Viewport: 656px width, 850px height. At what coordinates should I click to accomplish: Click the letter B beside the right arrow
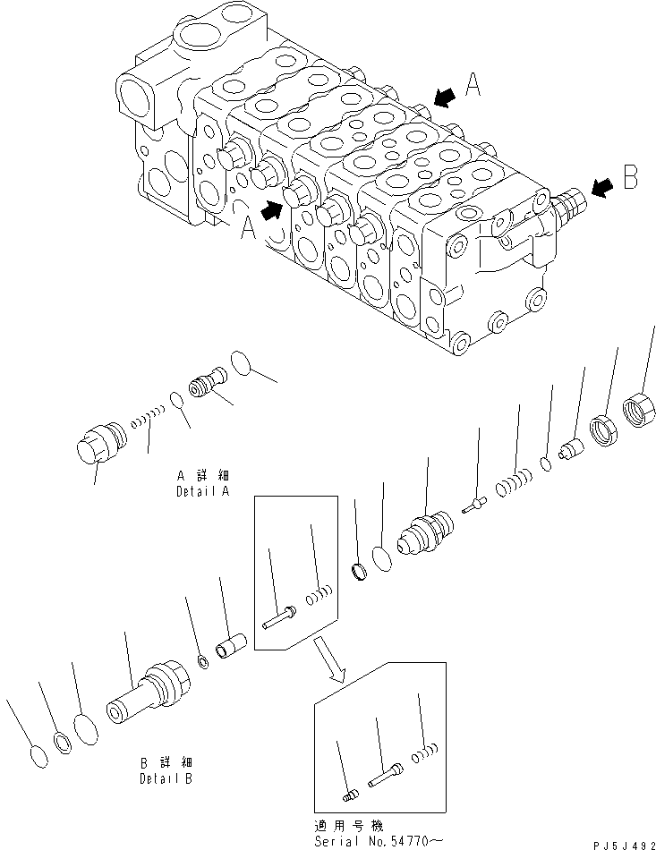(x=631, y=178)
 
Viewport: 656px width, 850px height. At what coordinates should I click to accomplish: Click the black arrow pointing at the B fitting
(x=602, y=187)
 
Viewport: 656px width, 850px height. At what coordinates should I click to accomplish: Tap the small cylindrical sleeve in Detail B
(x=232, y=645)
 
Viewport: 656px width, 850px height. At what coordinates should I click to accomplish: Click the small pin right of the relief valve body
(x=473, y=506)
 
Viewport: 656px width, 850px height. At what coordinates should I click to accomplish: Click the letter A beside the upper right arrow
(x=474, y=85)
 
